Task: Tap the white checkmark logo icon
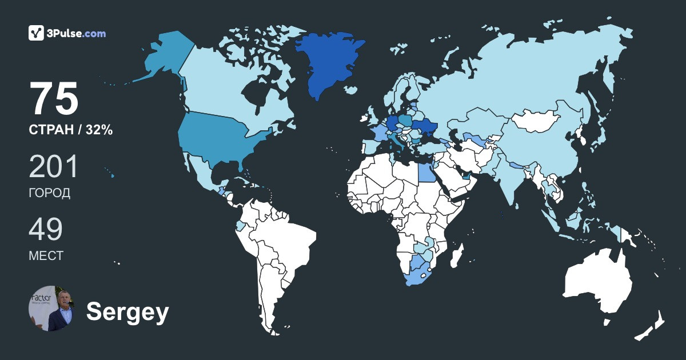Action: (36, 33)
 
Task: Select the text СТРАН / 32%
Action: (70, 130)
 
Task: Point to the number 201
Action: (53, 167)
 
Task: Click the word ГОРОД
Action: (50, 193)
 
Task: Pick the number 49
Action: (46, 230)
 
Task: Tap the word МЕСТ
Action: (46, 255)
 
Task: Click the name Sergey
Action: (127, 312)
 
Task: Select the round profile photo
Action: (51, 309)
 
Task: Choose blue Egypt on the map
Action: (425, 170)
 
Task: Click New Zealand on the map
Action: (652, 326)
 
